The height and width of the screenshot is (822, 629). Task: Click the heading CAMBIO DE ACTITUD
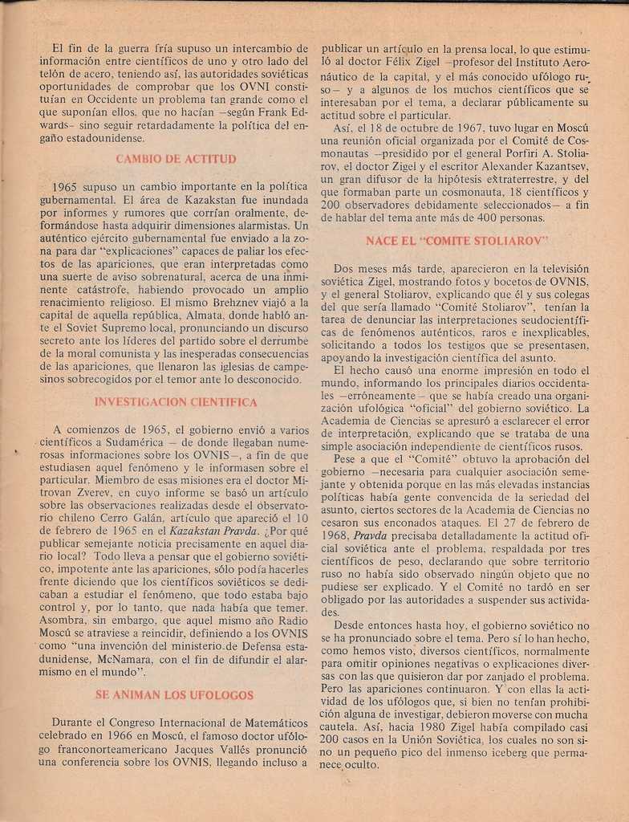point(176,158)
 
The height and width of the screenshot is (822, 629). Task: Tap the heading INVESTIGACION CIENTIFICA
point(176,401)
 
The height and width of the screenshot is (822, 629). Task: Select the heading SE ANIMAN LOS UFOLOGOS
point(174,694)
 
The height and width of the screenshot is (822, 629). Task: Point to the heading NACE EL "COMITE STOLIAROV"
point(457,240)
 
